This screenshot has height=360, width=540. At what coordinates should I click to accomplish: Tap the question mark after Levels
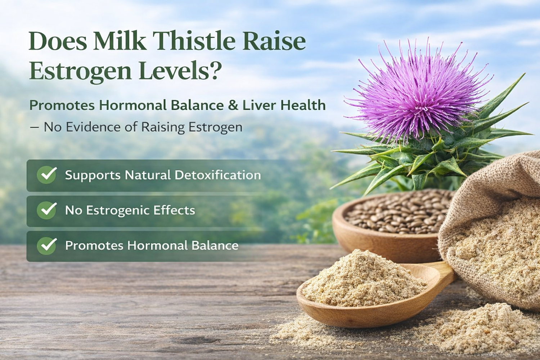[x=215, y=70]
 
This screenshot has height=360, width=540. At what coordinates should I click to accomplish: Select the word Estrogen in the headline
[x=80, y=71]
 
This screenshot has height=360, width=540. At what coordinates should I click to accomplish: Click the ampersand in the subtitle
[x=233, y=105]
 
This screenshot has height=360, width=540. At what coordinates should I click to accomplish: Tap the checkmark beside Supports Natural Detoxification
[x=47, y=175]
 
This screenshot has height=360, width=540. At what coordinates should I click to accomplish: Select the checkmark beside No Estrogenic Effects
[x=47, y=210]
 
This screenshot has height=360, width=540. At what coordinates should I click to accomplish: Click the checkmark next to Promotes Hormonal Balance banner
[x=47, y=246]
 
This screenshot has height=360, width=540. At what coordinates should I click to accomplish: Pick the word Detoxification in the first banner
[x=217, y=175]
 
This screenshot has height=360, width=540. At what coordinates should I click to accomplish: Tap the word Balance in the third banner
[x=215, y=246]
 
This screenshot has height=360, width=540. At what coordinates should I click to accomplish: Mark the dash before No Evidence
[x=35, y=127]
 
